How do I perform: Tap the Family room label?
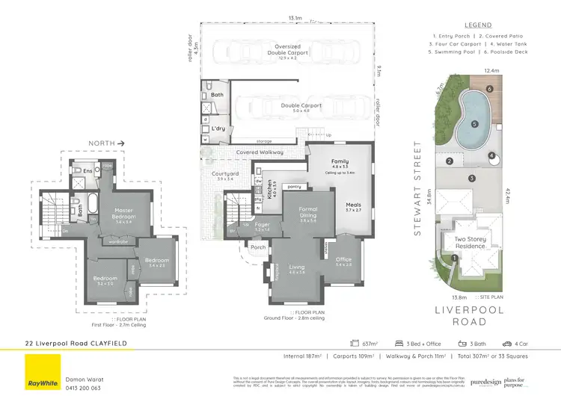[x=340, y=161]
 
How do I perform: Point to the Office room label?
[x=343, y=260]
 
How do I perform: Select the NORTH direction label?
[x=100, y=141]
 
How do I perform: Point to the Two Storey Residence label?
[x=470, y=242]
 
